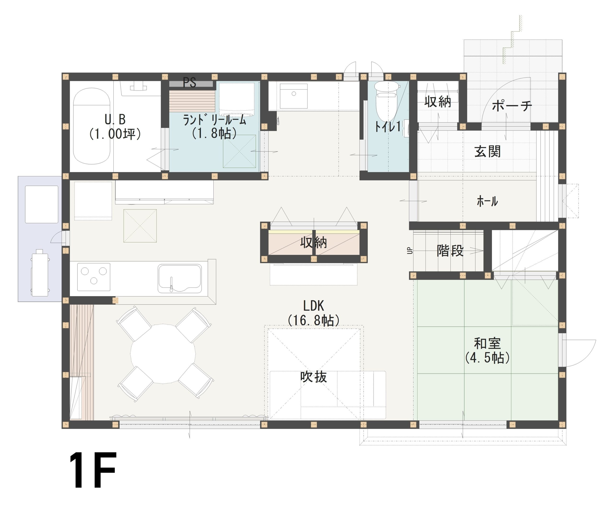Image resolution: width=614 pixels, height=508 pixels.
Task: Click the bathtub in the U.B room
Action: (x=92, y=126)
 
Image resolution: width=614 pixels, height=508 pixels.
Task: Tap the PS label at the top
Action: (x=189, y=83)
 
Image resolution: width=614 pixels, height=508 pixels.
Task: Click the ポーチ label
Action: (x=512, y=106)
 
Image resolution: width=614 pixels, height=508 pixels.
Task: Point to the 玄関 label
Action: (x=487, y=151)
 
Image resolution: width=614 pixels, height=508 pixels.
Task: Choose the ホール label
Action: (x=487, y=201)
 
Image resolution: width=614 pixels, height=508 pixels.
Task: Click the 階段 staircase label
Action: (x=450, y=251)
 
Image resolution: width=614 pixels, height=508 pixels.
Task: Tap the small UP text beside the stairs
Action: (x=410, y=251)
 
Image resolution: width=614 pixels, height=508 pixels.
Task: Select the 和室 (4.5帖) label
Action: (x=487, y=351)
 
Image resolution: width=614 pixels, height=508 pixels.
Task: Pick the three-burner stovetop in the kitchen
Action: (x=94, y=277)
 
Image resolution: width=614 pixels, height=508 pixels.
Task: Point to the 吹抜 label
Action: (x=313, y=377)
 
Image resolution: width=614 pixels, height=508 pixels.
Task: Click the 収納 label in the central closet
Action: (x=313, y=242)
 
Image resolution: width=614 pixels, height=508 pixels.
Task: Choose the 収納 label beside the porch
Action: (x=438, y=102)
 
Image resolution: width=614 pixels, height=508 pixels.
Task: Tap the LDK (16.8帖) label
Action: (x=313, y=313)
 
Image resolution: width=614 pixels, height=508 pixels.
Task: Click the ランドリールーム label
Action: (x=214, y=126)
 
